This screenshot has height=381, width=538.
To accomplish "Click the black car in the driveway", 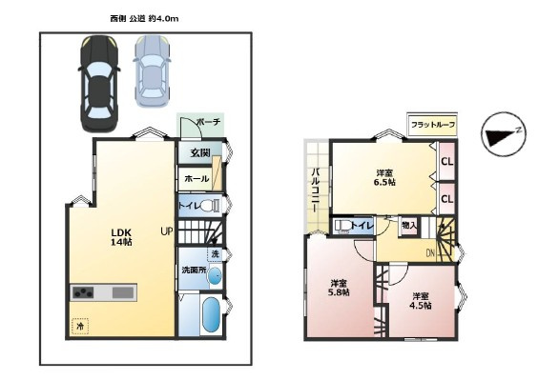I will tap(97, 85).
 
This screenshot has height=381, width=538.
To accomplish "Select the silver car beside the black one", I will tap(151, 71).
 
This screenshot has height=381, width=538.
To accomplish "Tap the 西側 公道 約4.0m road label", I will tap(144, 18).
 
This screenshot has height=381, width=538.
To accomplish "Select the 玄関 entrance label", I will tap(198, 152).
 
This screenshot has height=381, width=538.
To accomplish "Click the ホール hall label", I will tap(196, 179).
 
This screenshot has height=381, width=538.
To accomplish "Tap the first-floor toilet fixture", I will tap(214, 205).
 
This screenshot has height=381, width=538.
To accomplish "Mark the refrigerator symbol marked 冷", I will tap(80, 326).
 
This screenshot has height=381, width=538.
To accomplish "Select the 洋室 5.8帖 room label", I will tap(340, 288).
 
